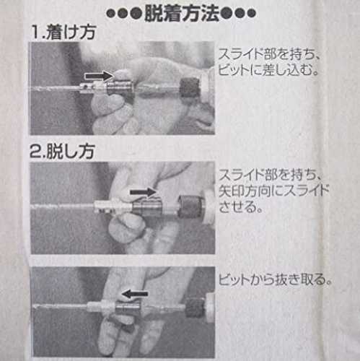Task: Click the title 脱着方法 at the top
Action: pyautogui.click(x=182, y=13)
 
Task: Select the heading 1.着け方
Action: pyautogui.click(x=63, y=32)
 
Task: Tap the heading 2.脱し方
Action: pyautogui.click(x=62, y=152)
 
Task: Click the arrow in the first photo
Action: pyautogui.click(x=99, y=76)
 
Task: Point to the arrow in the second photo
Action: pyautogui.click(x=144, y=192)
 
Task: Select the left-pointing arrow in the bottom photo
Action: pyautogui.click(x=135, y=294)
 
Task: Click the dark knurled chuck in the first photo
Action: pyautogui.click(x=190, y=87)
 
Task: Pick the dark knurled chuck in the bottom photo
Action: pyautogui.click(x=195, y=308)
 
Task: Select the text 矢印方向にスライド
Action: pyautogui.click(x=273, y=191)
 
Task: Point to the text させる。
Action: pyautogui.click(x=240, y=206)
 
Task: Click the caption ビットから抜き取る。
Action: pyautogui.click(x=275, y=279)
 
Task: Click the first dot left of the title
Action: pyautogui.click(x=112, y=14)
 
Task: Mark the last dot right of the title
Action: pyautogui.click(x=250, y=14)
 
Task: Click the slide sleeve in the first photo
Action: pyautogui.click(x=120, y=88)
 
